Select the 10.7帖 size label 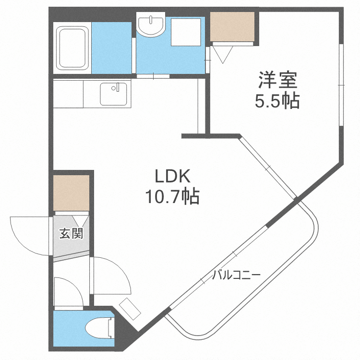point(170,196)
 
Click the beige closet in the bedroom point(232,27)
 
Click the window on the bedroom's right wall point(341,85)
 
